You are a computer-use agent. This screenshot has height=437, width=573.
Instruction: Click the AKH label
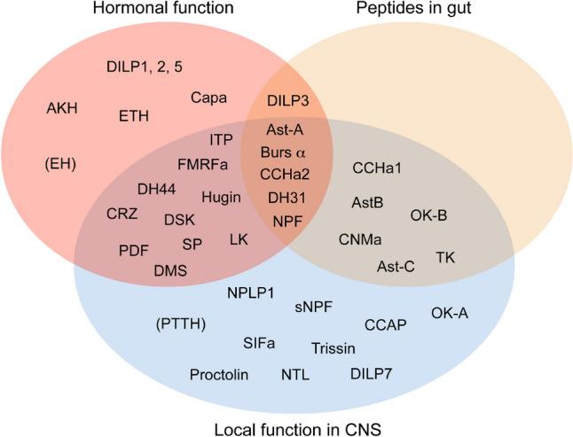click(63, 108)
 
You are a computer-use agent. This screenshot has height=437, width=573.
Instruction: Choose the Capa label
click(207, 97)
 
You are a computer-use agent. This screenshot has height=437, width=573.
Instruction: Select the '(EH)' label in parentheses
click(59, 165)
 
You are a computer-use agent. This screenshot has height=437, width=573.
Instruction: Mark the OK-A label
click(451, 313)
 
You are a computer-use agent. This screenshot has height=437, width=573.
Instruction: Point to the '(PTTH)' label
click(180, 324)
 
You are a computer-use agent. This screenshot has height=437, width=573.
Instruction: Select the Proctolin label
click(218, 374)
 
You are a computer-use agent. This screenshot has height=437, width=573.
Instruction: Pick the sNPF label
click(313, 308)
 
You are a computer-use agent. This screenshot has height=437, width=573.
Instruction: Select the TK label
click(445, 257)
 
